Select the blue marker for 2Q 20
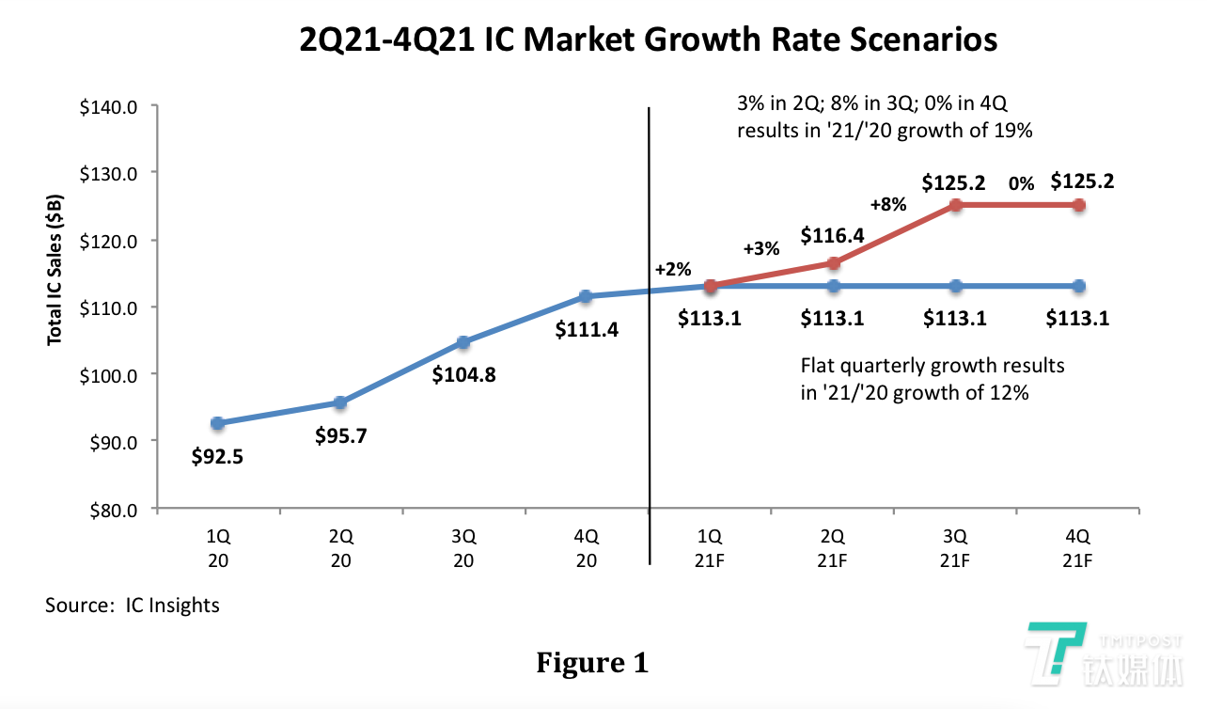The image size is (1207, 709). click(x=340, y=402)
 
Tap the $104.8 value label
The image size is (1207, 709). click(x=463, y=374)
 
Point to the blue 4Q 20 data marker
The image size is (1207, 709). click(x=586, y=296)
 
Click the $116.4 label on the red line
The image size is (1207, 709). click(x=832, y=235)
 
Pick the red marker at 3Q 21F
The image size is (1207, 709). click(x=955, y=205)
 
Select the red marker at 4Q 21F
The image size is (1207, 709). click(x=1078, y=205)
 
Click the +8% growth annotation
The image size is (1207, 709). click(x=887, y=204)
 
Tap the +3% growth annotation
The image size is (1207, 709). click(x=761, y=249)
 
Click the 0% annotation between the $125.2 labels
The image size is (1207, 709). click(x=1021, y=184)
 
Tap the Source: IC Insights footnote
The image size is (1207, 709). click(x=133, y=605)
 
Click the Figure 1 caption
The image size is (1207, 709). click(x=592, y=663)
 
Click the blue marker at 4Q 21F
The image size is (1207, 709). click(x=1078, y=286)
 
